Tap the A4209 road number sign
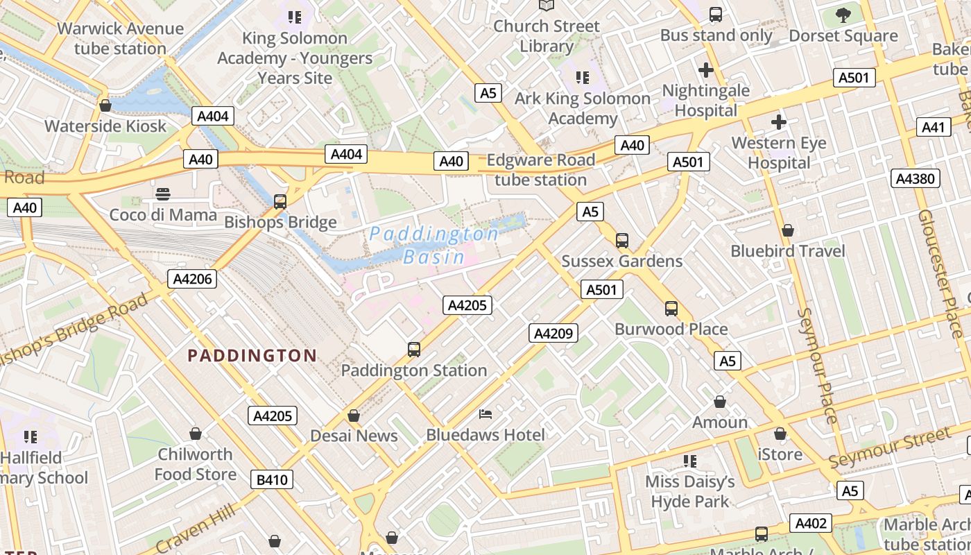(553, 333)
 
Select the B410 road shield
(273, 479)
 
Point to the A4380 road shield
(915, 178)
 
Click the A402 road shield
(811, 523)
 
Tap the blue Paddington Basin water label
(434, 245)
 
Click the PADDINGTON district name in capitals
(252, 356)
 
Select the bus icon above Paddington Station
(414, 350)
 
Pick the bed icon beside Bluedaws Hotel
(486, 414)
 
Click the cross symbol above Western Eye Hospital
(779, 123)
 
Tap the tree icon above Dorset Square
(843, 15)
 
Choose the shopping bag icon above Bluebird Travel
(788, 230)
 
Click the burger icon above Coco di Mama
(163, 194)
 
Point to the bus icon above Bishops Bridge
(280, 202)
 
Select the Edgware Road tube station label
(540, 170)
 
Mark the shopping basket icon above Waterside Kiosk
(105, 105)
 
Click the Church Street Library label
(547, 36)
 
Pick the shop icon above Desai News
(354, 416)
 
